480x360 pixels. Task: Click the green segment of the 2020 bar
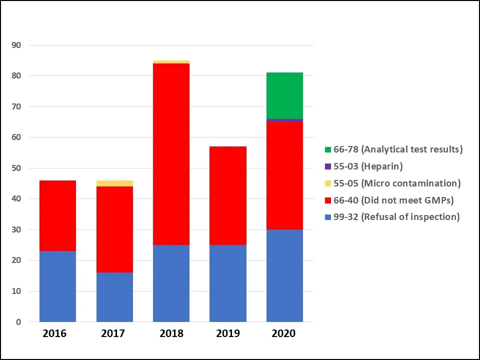284,95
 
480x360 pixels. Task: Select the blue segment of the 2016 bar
57,286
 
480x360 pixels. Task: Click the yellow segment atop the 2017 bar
114,183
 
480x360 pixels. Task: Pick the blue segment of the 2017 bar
114,297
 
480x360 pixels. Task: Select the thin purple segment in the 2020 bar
284,120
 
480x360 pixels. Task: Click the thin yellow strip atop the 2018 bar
171,62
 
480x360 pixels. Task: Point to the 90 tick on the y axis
16,45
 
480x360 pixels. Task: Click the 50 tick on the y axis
16,168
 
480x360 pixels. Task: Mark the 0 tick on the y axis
18,322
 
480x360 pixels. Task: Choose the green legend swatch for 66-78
327,149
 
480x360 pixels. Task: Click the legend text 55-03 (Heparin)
368,166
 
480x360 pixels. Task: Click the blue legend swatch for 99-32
327,217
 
